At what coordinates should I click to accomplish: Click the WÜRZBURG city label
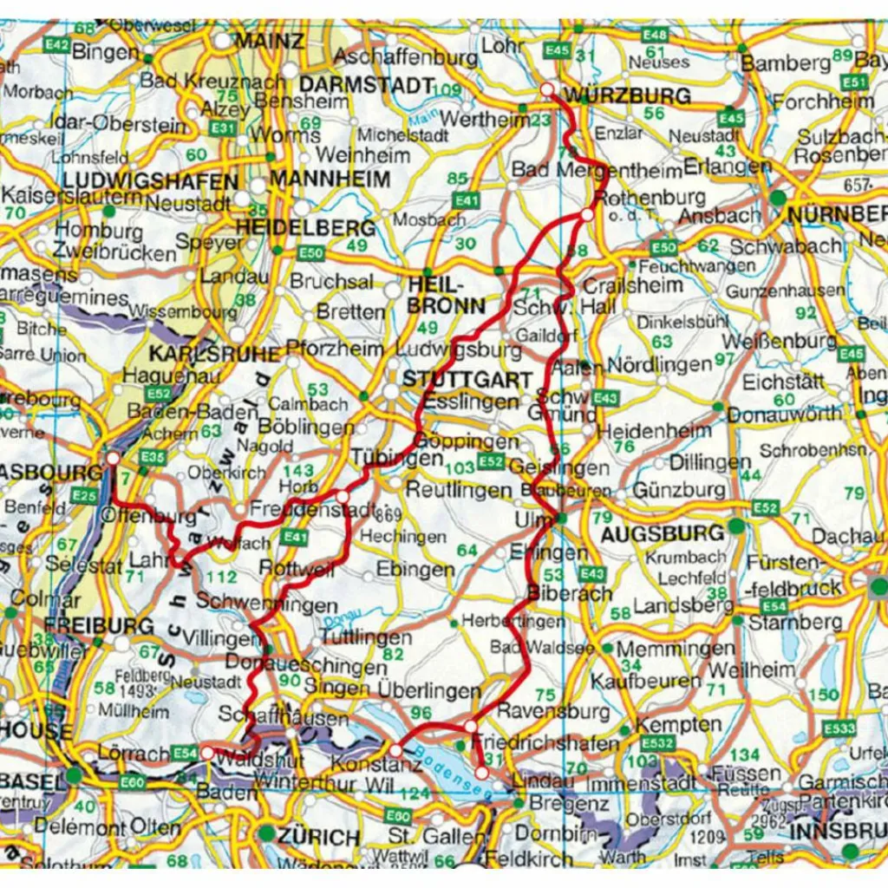pyautogui.click(x=627, y=95)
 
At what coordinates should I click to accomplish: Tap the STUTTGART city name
pyautogui.click(x=467, y=380)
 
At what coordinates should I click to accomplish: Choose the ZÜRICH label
pyautogui.click(x=319, y=838)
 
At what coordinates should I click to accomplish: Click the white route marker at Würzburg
pyautogui.click(x=546, y=90)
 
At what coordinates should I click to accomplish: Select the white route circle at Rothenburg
pyautogui.click(x=587, y=215)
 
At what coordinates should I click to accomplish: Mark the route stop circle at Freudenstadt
pyautogui.click(x=343, y=497)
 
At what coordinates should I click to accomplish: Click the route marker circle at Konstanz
pyautogui.click(x=395, y=749)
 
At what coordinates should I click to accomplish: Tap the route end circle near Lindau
pyautogui.click(x=481, y=771)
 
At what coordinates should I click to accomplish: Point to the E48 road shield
pyautogui.click(x=656, y=36)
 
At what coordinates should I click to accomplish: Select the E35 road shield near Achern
pyautogui.click(x=152, y=457)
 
